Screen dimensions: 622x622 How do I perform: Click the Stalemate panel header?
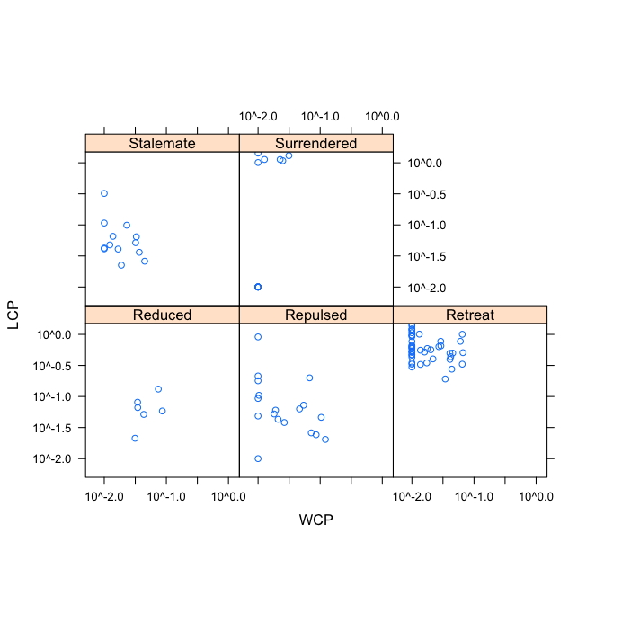click(x=162, y=143)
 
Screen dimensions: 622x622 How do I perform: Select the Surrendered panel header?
click(x=315, y=143)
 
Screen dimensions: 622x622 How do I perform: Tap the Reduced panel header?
click(x=162, y=315)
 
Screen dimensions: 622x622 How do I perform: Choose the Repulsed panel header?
click(x=315, y=315)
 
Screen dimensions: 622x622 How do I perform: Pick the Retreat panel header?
click(x=469, y=315)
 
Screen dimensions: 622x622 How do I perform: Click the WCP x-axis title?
click(x=315, y=520)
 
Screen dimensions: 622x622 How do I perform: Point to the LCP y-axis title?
click(x=13, y=315)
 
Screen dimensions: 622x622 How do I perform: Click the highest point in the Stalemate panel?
click(x=104, y=193)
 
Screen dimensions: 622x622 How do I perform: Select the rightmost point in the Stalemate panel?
click(x=145, y=261)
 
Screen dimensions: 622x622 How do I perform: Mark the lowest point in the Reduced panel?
click(x=135, y=438)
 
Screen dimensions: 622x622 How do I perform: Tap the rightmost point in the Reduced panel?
click(x=163, y=411)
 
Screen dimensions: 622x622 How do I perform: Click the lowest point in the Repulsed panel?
click(x=258, y=458)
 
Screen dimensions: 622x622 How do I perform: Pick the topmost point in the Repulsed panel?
click(x=258, y=337)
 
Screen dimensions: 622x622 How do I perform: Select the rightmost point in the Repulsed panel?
click(x=325, y=440)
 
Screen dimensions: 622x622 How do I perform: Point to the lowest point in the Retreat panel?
click(x=445, y=378)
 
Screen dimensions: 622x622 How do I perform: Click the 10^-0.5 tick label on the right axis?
click(x=427, y=194)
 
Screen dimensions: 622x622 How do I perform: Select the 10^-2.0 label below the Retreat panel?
click(x=413, y=496)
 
